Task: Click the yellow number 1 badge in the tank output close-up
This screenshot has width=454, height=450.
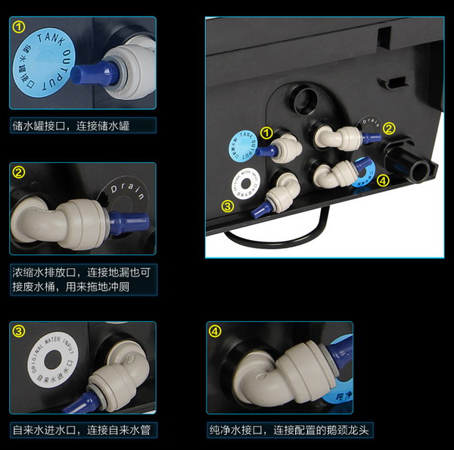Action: click(20, 27)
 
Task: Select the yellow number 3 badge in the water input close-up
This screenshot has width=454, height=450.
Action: click(20, 331)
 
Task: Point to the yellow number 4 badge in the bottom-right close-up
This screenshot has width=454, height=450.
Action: click(216, 331)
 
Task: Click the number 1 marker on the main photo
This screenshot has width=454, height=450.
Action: click(266, 133)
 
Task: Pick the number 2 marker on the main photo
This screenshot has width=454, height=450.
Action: click(389, 128)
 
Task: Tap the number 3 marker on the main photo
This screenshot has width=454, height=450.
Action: click(227, 205)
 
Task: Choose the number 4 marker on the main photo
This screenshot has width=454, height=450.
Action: click(384, 181)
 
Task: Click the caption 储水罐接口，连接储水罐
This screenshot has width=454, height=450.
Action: click(72, 125)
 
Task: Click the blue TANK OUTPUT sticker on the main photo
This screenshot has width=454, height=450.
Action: click(241, 146)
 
